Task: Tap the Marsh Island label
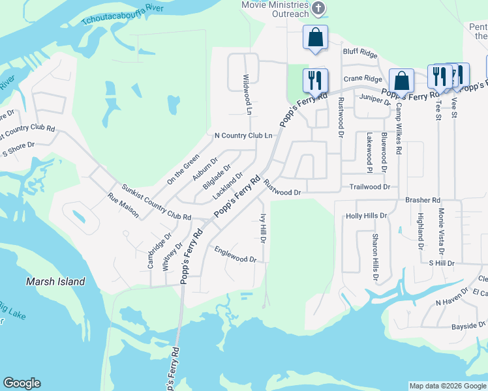[x=55, y=282]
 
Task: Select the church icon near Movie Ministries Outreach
[x=318, y=8]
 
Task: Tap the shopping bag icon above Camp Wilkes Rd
[x=401, y=81]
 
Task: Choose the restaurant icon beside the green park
[x=315, y=81]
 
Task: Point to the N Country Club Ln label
[x=243, y=136]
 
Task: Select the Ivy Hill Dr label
[x=264, y=228]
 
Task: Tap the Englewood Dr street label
[x=236, y=254]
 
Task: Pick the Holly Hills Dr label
[x=367, y=215]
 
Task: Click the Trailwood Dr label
[x=369, y=186]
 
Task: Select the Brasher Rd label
[x=423, y=200]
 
